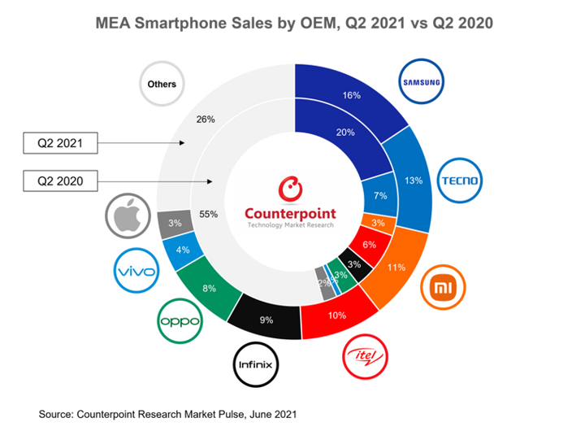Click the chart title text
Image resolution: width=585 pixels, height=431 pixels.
292,22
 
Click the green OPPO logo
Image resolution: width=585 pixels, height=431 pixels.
179,320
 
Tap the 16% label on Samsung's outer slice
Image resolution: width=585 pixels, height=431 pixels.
351,95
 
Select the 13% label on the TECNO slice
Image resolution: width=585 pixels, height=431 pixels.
414,181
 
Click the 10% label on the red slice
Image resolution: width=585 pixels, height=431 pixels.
337,315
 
